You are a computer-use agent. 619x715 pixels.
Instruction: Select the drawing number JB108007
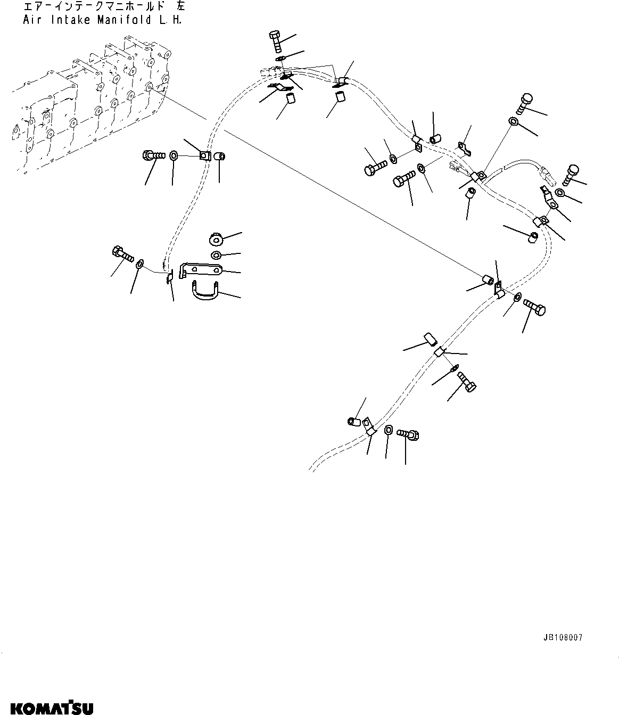coord(563,637)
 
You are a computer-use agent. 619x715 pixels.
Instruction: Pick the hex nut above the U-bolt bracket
coord(217,237)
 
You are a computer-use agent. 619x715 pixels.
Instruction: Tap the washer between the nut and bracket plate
coord(217,254)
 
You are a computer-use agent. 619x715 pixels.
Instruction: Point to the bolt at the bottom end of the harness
coord(409,434)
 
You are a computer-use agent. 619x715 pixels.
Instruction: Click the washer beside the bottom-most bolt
coord(389,430)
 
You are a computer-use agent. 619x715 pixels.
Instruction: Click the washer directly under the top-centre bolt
coord(281,59)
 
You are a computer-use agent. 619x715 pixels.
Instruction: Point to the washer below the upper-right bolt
coord(514,121)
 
